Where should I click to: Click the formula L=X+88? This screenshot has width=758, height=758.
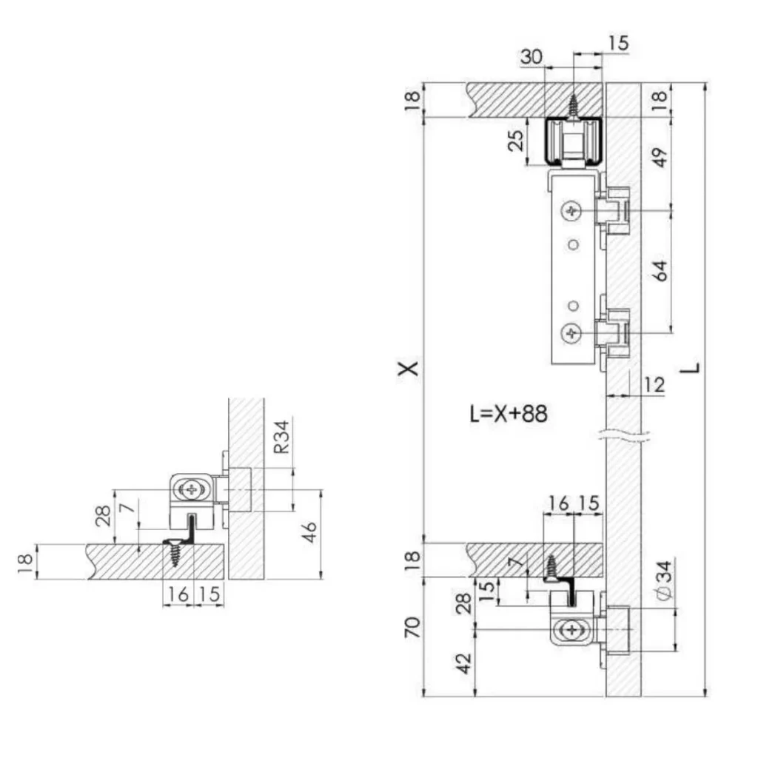509,414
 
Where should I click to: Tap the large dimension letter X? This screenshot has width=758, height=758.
408,369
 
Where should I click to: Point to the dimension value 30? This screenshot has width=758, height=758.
531,57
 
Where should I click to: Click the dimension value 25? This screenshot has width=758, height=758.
517,141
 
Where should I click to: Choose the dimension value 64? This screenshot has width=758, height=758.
660,271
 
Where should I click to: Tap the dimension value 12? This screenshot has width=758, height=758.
654,385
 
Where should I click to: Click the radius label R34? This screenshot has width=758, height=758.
281,437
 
